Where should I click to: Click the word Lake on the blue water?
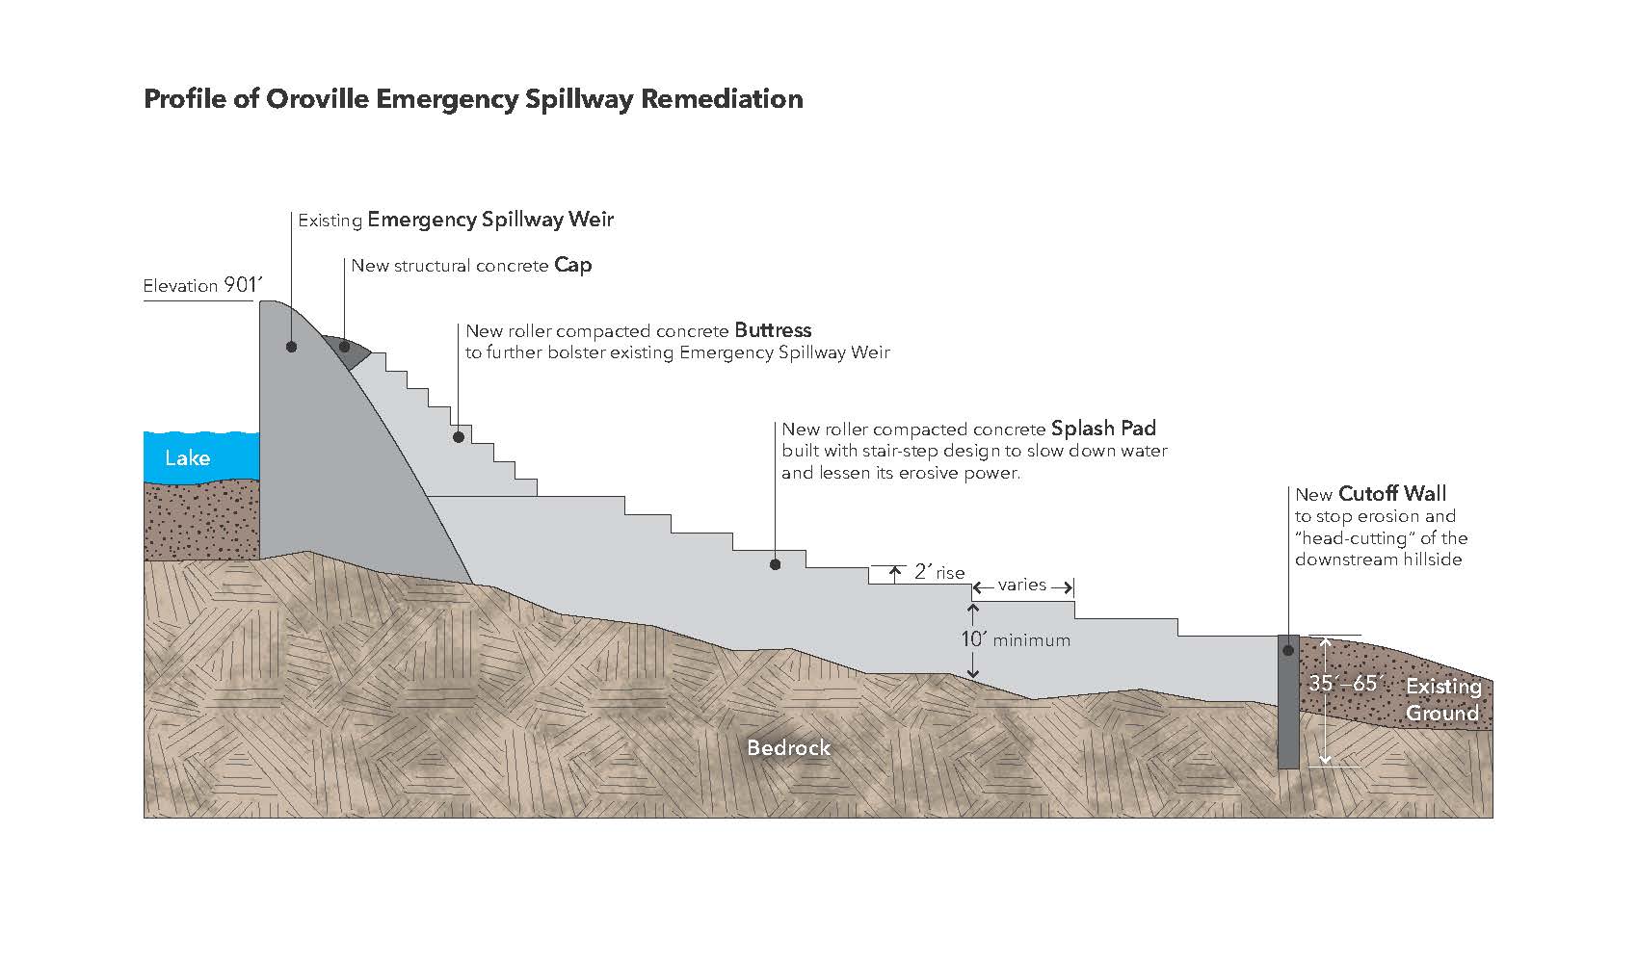click(187, 457)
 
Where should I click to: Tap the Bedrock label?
click(788, 747)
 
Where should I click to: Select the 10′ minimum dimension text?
click(1016, 638)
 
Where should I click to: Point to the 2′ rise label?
click(939, 572)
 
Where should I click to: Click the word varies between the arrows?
click(1022, 585)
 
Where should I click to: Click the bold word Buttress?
click(773, 330)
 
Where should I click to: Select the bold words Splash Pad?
click(1103, 429)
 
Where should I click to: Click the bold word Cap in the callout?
click(572, 265)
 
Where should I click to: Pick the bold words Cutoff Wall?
click(1392, 494)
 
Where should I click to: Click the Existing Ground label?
click(1442, 700)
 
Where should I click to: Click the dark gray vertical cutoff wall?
click(1288, 713)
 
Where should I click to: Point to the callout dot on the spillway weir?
click(291, 347)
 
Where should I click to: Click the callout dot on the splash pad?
click(776, 564)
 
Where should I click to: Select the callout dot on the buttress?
click(459, 437)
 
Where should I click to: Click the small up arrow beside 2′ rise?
click(895, 574)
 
